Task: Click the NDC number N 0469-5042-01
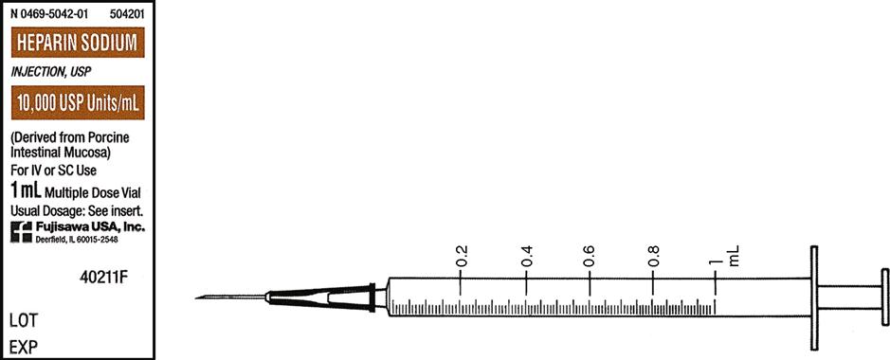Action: tap(49, 15)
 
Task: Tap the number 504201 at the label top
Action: tap(127, 15)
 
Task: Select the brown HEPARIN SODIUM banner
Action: tap(78, 43)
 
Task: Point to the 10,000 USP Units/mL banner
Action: tap(78, 102)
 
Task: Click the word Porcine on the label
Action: tap(110, 137)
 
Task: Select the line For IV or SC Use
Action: tap(54, 170)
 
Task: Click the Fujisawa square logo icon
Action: tap(22, 232)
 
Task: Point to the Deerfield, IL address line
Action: tap(77, 241)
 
